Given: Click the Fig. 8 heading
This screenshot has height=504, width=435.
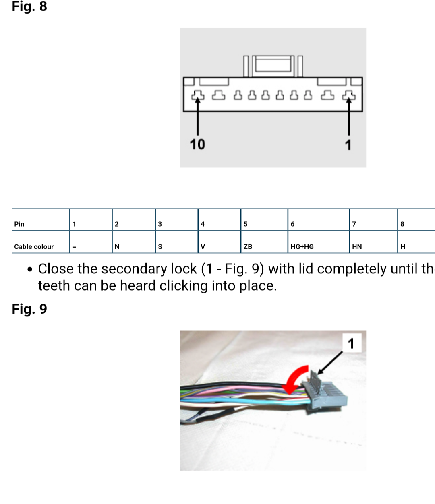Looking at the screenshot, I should coord(29,7).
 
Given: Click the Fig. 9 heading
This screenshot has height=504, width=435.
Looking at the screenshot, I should coord(29,309).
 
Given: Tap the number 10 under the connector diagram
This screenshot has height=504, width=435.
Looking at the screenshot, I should coord(197,144).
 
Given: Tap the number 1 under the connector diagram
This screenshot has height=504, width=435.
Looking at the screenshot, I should coord(348,145).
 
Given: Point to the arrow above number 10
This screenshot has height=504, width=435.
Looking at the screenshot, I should coord(197,117).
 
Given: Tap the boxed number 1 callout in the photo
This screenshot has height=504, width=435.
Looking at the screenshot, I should coord(351,343).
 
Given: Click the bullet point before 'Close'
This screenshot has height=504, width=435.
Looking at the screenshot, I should coord(30,269).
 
